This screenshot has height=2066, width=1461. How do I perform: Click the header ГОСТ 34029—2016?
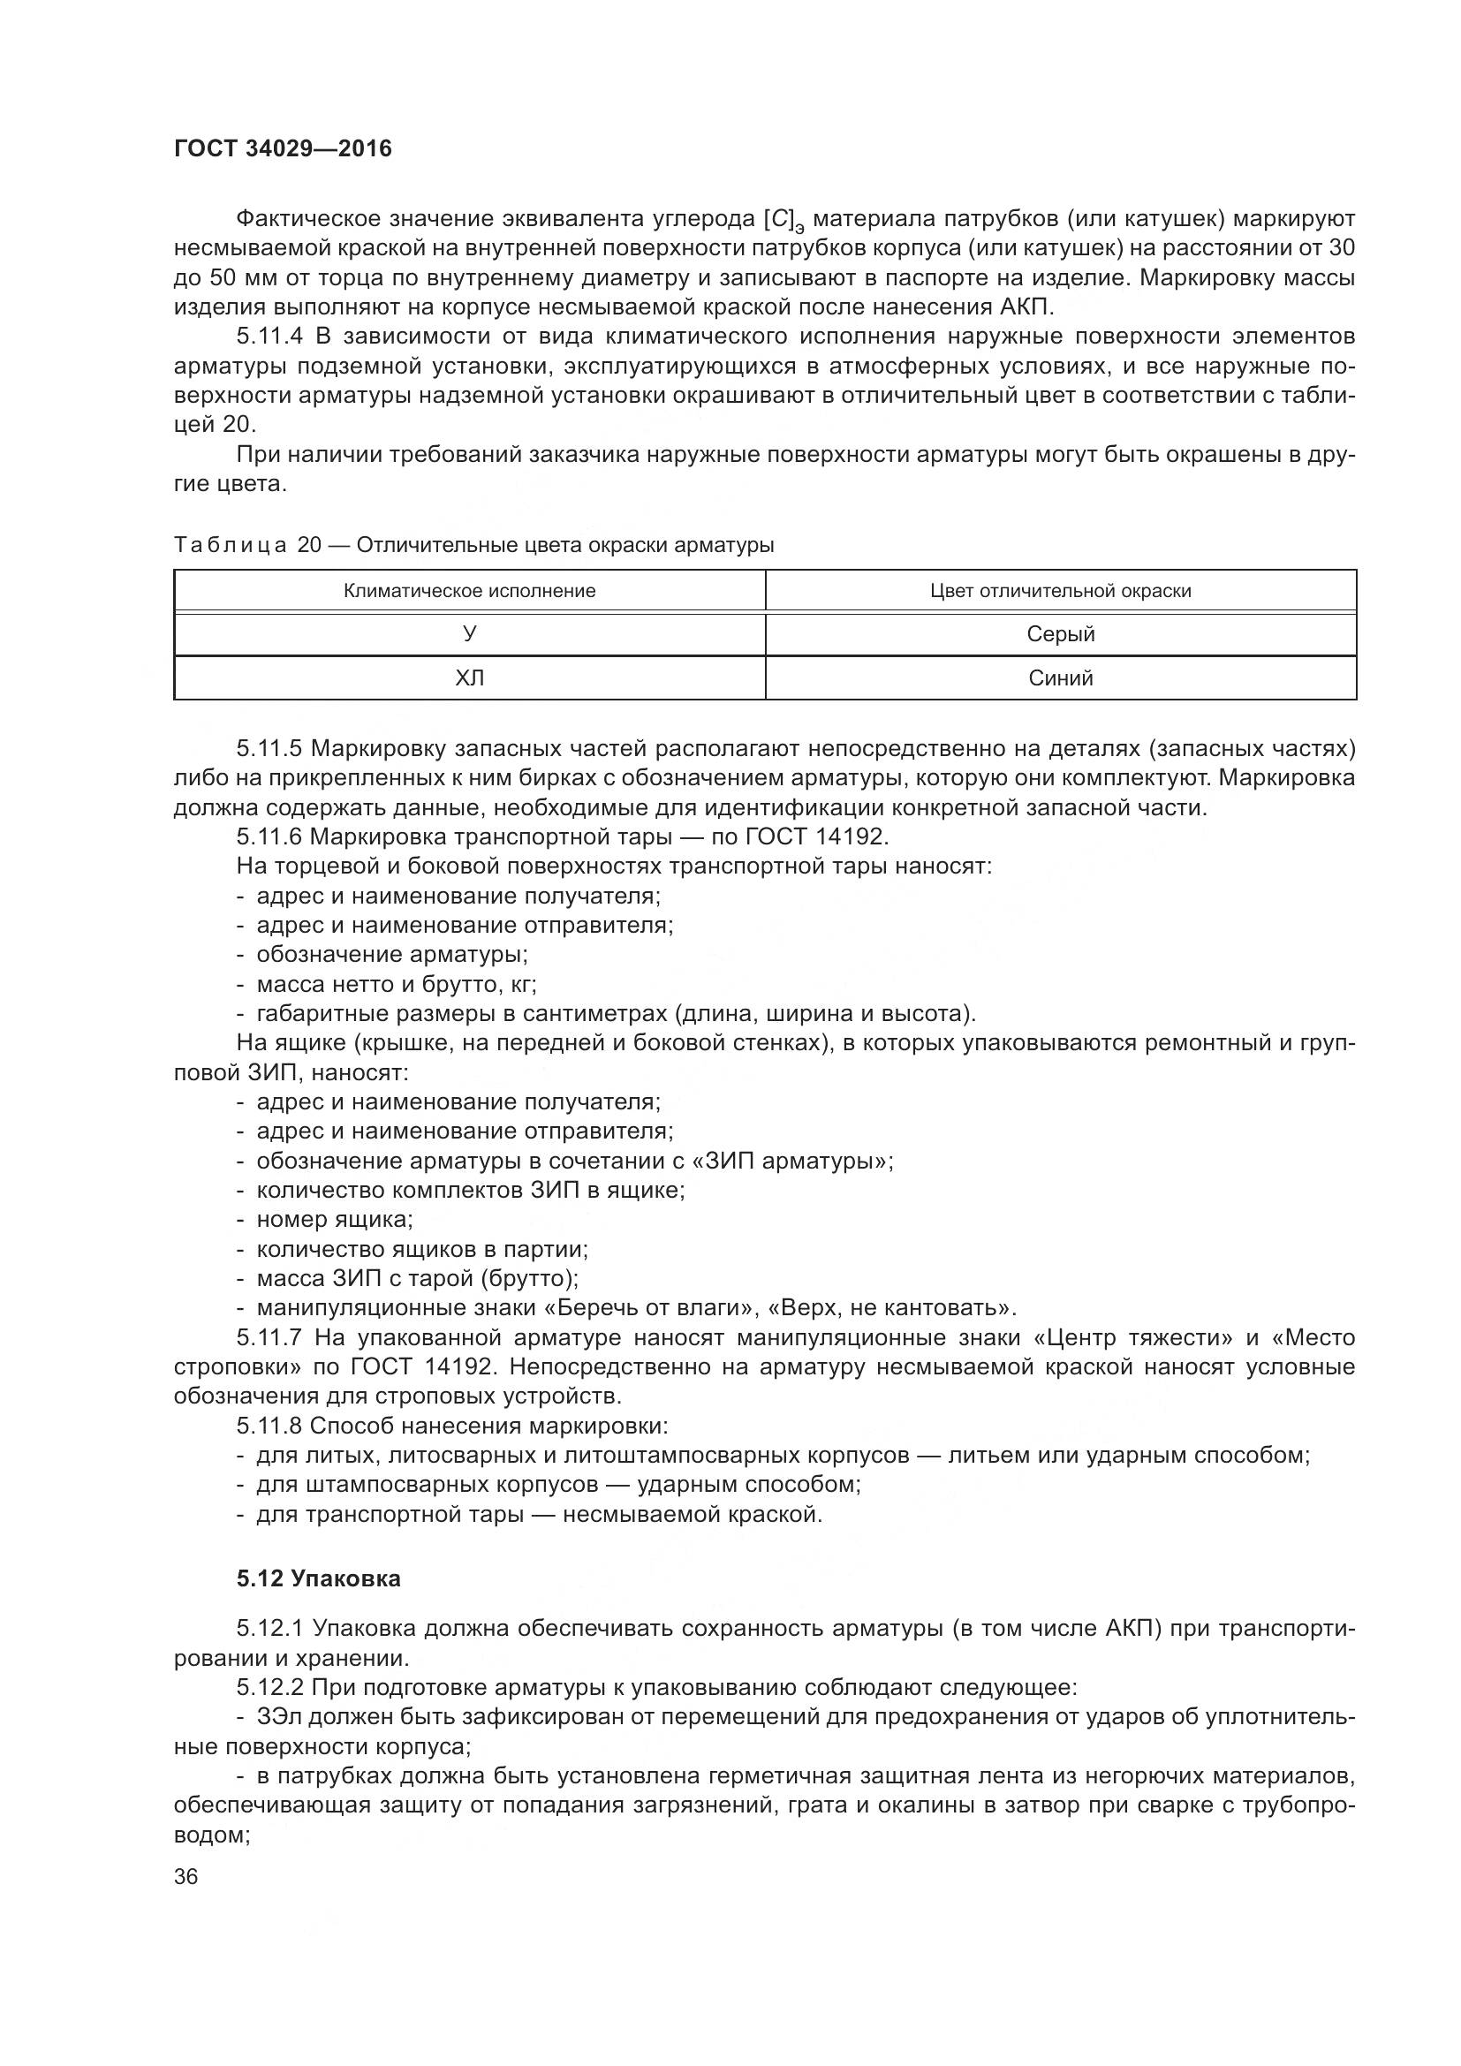pyautogui.click(x=283, y=149)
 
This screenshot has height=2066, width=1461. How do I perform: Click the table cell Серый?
pyautogui.click(x=1061, y=634)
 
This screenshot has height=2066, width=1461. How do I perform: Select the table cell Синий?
pyautogui.click(x=1061, y=678)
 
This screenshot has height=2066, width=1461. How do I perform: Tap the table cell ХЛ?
pyautogui.click(x=470, y=678)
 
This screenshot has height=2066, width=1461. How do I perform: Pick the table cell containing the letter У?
pyautogui.click(x=470, y=634)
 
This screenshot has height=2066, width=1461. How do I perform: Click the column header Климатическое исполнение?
pyautogui.click(x=470, y=591)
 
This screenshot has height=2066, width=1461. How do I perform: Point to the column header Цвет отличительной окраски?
pyautogui.click(x=1061, y=591)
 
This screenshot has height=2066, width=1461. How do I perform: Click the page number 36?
pyautogui.click(x=186, y=1877)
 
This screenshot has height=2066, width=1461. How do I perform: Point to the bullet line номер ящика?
pyautogui.click(x=334, y=1220)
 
